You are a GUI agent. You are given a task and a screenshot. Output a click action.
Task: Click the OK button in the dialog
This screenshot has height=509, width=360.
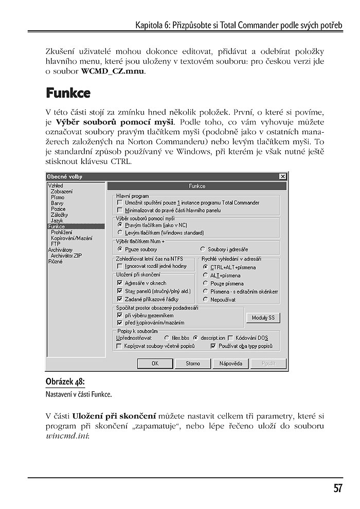click(155, 363)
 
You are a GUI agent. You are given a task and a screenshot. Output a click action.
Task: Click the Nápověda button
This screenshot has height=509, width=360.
click(230, 363)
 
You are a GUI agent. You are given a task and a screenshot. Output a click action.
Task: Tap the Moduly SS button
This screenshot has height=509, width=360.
click(263, 318)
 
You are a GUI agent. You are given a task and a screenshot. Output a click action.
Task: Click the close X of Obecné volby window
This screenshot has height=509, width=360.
click(282, 176)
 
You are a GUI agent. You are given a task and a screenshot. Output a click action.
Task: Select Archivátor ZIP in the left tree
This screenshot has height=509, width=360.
click(66, 255)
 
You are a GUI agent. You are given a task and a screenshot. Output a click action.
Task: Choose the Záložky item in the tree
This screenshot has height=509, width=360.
click(59, 215)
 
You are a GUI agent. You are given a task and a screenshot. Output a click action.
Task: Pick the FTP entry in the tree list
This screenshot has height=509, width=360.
click(56, 244)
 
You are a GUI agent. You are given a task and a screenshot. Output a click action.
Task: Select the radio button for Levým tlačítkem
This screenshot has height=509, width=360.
click(120, 232)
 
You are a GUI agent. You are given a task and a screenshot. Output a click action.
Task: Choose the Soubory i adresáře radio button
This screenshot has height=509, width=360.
click(203, 249)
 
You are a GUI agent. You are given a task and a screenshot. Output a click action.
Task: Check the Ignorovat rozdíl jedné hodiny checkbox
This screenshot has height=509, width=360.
click(120, 266)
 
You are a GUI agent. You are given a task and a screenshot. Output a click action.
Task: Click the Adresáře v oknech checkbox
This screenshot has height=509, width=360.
click(120, 283)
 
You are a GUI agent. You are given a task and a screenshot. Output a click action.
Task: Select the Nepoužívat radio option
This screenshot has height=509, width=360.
click(205, 299)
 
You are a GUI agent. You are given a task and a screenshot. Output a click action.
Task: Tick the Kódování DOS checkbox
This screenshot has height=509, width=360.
click(230, 338)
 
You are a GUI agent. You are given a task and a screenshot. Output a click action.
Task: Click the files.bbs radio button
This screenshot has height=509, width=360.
click(166, 338)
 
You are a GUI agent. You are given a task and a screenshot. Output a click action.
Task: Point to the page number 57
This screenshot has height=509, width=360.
click(337, 488)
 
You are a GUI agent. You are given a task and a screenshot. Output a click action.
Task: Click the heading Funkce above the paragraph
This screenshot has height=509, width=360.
click(68, 93)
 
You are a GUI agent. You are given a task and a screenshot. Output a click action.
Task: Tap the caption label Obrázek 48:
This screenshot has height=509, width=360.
click(65, 382)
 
